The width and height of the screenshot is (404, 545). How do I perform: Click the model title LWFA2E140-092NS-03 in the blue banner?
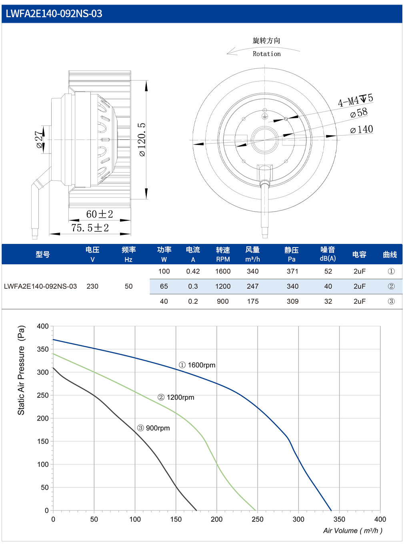pos(54,14)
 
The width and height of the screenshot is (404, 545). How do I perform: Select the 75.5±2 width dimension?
pos(90,228)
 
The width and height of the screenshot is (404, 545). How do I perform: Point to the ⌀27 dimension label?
pos(39,140)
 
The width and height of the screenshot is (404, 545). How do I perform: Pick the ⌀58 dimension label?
pos(359,113)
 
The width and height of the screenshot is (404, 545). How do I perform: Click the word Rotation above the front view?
pos(267,54)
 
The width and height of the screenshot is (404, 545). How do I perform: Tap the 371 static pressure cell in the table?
pos(292,271)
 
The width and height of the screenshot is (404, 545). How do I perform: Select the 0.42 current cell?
pos(193,271)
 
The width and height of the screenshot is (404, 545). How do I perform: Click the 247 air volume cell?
pos(252,286)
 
